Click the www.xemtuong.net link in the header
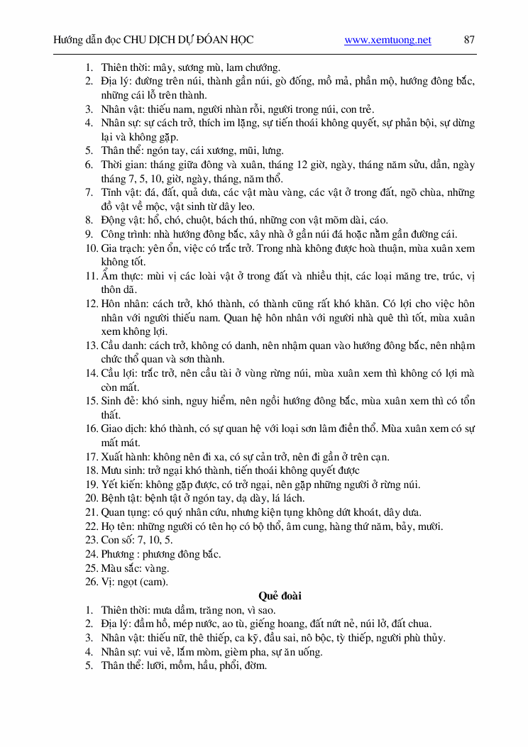387,40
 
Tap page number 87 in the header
469,40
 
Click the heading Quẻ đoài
280,596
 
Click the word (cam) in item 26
154,582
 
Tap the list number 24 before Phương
91,554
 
